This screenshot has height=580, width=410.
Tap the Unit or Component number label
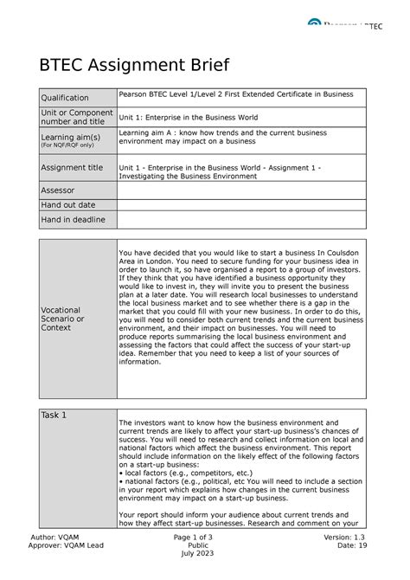point(72,119)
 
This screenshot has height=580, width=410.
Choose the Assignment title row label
point(72,168)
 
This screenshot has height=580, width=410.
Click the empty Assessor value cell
point(242,189)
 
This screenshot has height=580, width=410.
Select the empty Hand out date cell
point(242,204)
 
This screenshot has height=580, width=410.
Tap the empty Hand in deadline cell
point(242,220)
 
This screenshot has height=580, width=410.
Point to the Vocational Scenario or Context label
point(61,319)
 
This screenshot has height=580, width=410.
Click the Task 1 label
point(54,415)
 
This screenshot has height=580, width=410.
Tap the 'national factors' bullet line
point(234,482)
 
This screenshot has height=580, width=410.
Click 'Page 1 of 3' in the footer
point(205,539)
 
